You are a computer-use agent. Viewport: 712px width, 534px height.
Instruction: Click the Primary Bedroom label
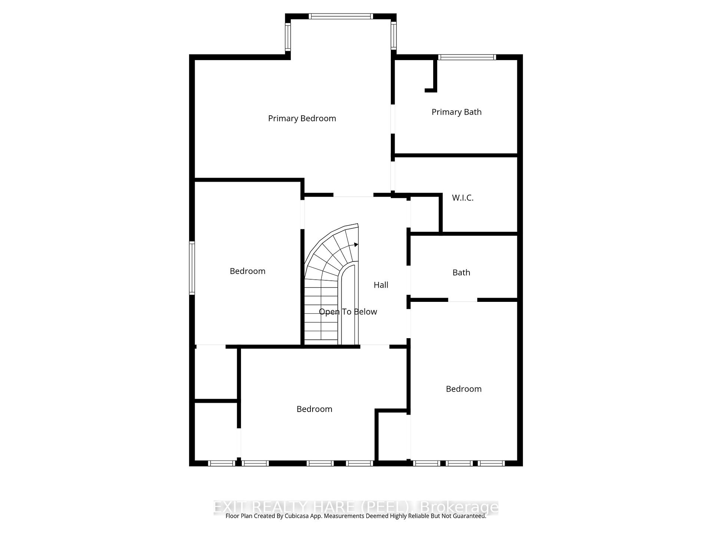pyautogui.click(x=302, y=118)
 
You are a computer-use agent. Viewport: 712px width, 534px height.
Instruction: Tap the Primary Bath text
pyautogui.click(x=456, y=112)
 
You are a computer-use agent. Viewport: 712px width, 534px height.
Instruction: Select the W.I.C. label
pyautogui.click(x=462, y=198)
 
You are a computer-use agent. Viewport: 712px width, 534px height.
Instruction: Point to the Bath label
pyautogui.click(x=461, y=273)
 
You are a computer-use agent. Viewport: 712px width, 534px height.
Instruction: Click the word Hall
pyautogui.click(x=381, y=285)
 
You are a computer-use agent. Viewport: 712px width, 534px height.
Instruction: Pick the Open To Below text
pyautogui.click(x=348, y=312)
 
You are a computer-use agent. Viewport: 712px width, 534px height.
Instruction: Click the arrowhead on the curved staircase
pyautogui.click(x=356, y=244)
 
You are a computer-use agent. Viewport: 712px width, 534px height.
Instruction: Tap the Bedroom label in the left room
pyautogui.click(x=247, y=271)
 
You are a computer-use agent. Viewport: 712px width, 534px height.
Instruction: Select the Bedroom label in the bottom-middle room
pyautogui.click(x=314, y=409)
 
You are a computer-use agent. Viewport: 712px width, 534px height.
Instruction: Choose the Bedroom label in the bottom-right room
pyautogui.click(x=464, y=389)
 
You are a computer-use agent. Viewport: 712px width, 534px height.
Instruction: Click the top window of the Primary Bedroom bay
pyautogui.click(x=341, y=16)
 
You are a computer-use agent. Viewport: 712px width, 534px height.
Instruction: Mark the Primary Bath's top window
pyautogui.click(x=467, y=57)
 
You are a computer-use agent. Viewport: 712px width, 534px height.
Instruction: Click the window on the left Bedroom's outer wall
pyautogui.click(x=192, y=268)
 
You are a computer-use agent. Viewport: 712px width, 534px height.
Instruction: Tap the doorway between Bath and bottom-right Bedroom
pyautogui.click(x=462, y=300)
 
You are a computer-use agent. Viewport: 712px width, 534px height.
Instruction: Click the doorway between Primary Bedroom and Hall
pyautogui.click(x=353, y=195)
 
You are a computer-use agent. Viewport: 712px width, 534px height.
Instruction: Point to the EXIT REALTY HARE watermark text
pyautogui.click(x=356, y=507)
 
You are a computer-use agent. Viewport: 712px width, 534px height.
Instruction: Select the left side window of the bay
pyautogui.click(x=288, y=36)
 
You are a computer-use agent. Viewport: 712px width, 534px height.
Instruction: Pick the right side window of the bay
pyautogui.click(x=394, y=35)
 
